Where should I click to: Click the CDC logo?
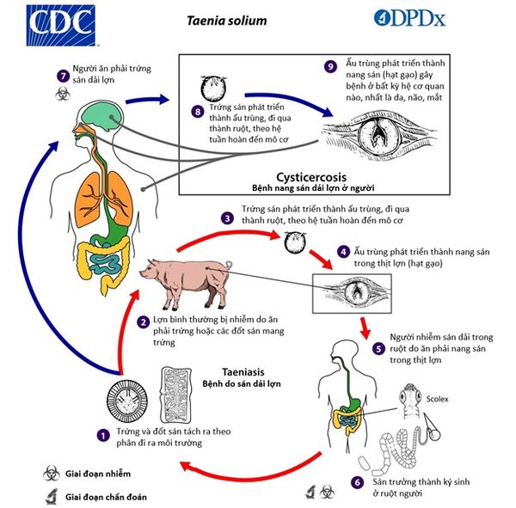[61, 25]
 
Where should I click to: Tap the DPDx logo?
[409, 18]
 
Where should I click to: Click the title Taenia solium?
[227, 21]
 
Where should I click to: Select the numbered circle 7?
[63, 76]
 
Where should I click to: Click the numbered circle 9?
[330, 66]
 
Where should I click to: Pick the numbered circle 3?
[227, 217]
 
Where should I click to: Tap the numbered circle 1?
[103, 435]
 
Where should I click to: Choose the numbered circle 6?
[357, 482]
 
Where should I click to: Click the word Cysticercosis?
[311, 177]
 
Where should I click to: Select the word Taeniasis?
[243, 372]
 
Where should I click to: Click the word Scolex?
[437, 399]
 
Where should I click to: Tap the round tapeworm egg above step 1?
[127, 400]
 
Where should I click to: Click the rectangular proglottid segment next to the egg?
[175, 395]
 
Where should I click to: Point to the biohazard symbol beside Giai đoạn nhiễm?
[52, 474]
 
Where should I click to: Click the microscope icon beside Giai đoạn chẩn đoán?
[52, 496]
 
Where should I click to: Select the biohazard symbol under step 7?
[63, 94]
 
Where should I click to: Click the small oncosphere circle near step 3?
[294, 242]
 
